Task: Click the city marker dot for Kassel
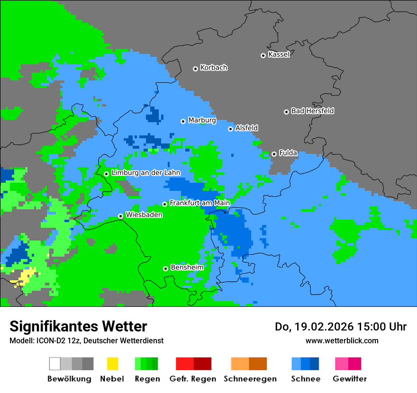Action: pos(263,55)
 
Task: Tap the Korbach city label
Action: pos(214,68)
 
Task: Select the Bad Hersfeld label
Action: pos(312,111)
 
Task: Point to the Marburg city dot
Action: pos(183,121)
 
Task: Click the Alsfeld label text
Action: pos(246,128)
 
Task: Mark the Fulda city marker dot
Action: pos(274,154)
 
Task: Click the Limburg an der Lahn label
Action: pos(146,173)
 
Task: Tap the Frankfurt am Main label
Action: pos(199,203)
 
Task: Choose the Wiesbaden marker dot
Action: pos(121,216)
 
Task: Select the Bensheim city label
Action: pos(187,267)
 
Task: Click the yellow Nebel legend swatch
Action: pos(112,364)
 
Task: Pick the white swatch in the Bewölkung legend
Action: pos(55,364)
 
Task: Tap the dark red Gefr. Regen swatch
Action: pos(202,364)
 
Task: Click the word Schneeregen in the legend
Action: pos(250,379)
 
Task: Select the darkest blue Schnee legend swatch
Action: pos(315,364)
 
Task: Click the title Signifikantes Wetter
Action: pos(78,326)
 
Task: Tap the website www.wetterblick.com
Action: pos(342,340)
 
